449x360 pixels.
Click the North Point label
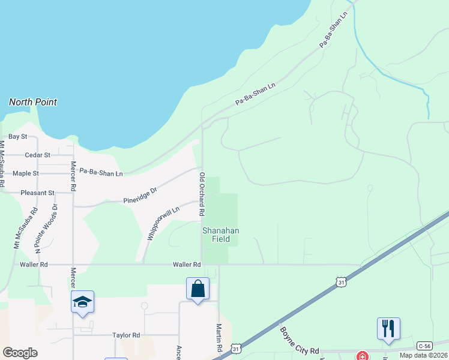click(x=33, y=102)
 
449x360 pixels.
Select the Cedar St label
click(x=37, y=155)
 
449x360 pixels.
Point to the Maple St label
click(x=26, y=173)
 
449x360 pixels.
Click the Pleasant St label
click(x=37, y=193)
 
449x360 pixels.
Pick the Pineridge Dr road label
click(x=140, y=194)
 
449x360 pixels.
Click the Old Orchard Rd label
click(x=202, y=194)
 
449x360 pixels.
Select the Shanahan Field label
click(x=221, y=235)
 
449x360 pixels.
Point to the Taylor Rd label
click(x=126, y=335)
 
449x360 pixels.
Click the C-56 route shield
click(x=425, y=346)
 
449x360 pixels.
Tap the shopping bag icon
click(x=198, y=289)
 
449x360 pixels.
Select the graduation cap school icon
click(x=82, y=302)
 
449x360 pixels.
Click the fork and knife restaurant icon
click(x=388, y=328)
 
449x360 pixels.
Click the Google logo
click(x=20, y=353)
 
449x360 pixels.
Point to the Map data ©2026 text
click(x=424, y=355)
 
